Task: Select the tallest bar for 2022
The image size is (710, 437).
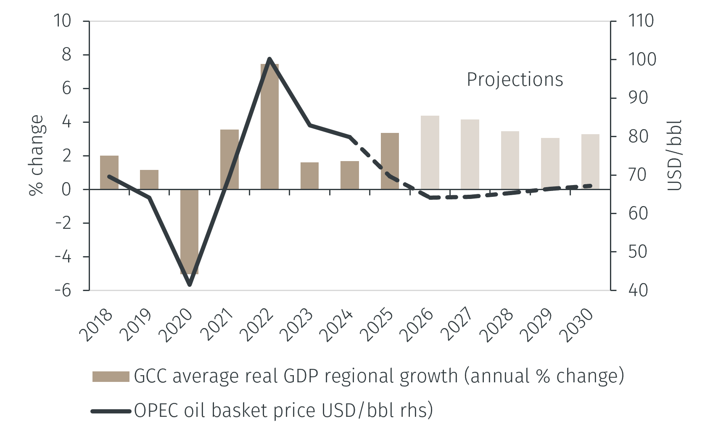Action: [x=269, y=126]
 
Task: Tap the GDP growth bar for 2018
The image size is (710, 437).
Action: [x=109, y=172]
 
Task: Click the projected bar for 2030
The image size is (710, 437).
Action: [x=590, y=162]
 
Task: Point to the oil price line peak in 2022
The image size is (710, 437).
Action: [x=269, y=59]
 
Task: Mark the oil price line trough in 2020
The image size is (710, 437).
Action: [x=190, y=285]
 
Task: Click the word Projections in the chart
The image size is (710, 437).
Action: [x=515, y=79]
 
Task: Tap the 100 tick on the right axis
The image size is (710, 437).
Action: [x=641, y=59]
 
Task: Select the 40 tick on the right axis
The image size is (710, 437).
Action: [x=638, y=290]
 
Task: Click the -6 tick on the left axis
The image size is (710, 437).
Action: [x=63, y=290]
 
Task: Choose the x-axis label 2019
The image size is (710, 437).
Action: [x=136, y=326]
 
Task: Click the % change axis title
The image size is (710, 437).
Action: [x=37, y=155]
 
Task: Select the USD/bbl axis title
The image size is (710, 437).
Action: [x=675, y=155]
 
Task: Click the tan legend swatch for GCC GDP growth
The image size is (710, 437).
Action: [x=111, y=376]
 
